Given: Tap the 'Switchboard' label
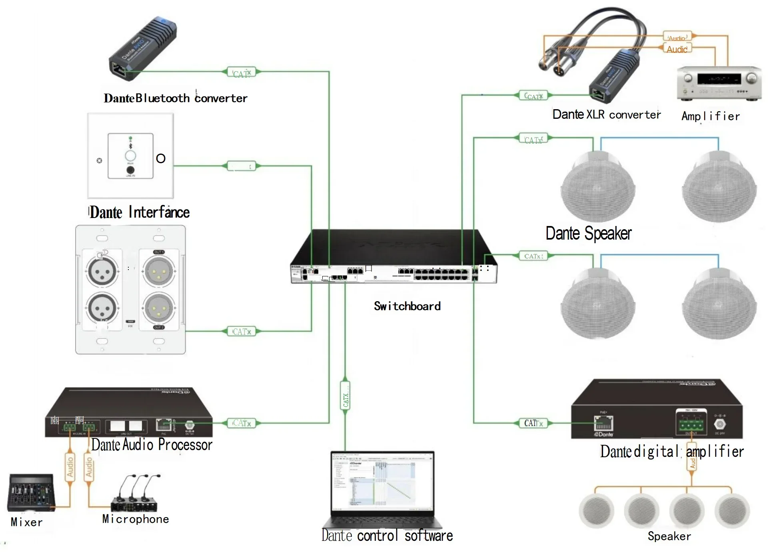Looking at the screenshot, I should click(407, 306).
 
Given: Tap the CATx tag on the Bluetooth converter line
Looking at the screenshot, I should click(241, 72).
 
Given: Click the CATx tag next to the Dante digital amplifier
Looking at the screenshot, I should click(533, 423).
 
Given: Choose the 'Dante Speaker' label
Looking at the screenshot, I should click(589, 234).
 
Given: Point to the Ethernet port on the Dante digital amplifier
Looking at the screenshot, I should click(603, 424).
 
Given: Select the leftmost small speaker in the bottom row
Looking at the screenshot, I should click(596, 511).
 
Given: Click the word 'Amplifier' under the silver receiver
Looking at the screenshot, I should click(711, 116).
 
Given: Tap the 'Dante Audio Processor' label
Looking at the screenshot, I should click(152, 445).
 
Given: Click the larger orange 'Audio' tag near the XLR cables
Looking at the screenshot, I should click(677, 49).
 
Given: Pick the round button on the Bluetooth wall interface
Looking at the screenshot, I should click(130, 156).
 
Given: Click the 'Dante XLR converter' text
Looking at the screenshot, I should click(606, 114).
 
